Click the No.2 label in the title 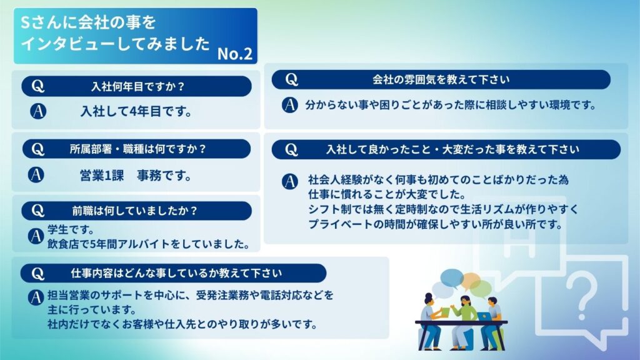pos(235,54)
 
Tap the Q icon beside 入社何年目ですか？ pos(38,86)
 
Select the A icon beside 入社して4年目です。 pos(38,111)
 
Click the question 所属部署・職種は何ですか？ pos(137,149)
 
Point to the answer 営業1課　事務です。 pos(136,176)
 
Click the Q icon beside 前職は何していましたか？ pos(37,211)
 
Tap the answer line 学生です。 pos(71,229)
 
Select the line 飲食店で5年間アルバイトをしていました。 pos(149,244)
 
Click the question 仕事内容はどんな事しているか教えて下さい pos(176,273)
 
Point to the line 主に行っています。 pos(92,309)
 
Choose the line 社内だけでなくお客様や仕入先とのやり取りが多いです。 pos(182,324)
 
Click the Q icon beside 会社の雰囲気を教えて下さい pos(291,79)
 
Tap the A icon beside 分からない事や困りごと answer pos(290,105)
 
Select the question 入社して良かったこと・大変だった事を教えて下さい pos(452,149)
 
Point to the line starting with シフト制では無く pos(443,209)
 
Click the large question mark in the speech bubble pos(582,295)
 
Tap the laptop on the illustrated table pos(484,316)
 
